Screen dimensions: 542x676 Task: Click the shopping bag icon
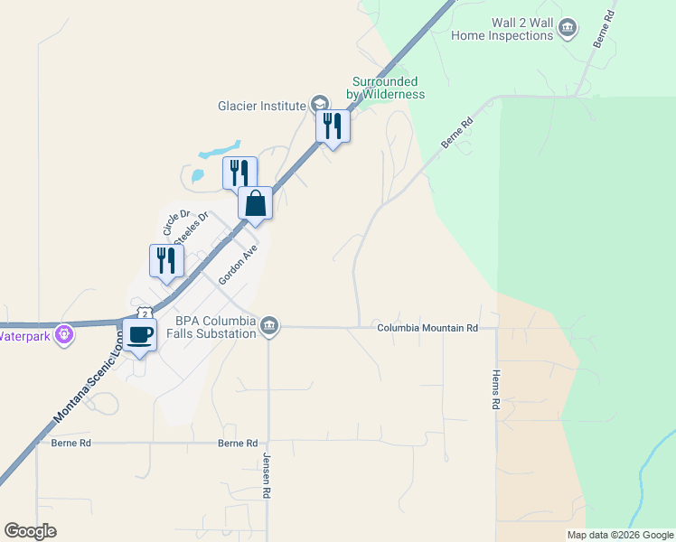click(256, 202)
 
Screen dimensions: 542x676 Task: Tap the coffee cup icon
click(139, 335)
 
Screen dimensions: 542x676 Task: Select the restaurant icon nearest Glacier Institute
click(333, 126)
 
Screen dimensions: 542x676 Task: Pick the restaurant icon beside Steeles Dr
click(166, 260)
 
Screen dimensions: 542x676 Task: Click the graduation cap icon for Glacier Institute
click(319, 105)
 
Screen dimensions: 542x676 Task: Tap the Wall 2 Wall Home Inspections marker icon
click(567, 29)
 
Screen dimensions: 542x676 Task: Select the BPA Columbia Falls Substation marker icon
click(269, 327)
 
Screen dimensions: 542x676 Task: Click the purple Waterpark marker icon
click(63, 336)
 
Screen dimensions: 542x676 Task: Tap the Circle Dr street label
click(174, 222)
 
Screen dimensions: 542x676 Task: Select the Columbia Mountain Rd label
click(427, 328)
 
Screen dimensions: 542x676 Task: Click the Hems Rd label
click(495, 390)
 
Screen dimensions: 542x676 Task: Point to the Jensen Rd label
click(267, 478)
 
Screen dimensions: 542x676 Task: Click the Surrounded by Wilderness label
click(386, 88)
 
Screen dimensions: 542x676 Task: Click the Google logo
click(30, 531)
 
